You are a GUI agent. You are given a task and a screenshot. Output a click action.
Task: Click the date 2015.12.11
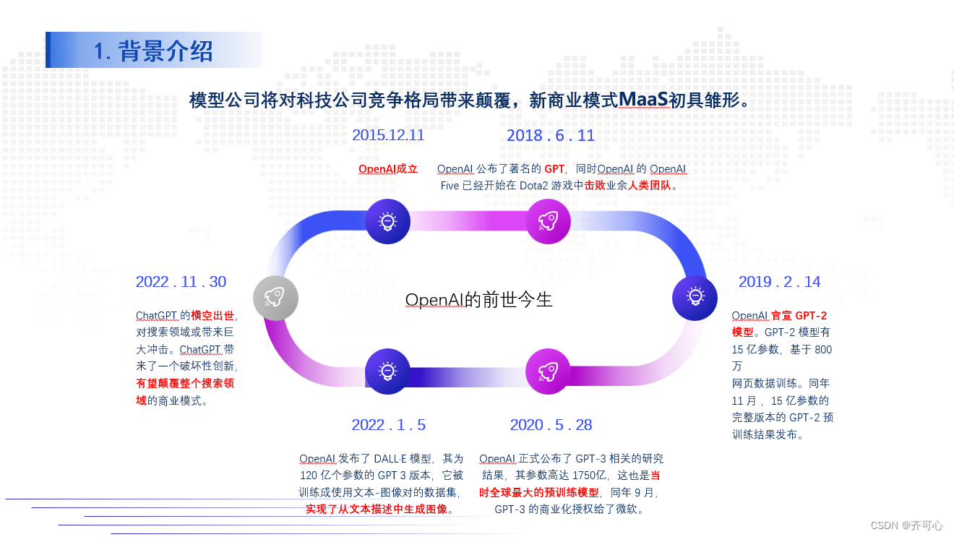(x=388, y=135)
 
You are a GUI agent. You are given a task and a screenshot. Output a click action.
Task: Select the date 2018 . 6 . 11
(x=551, y=136)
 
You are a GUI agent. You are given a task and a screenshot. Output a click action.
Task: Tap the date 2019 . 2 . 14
(x=779, y=282)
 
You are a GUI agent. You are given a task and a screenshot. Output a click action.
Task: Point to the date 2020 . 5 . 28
(x=551, y=425)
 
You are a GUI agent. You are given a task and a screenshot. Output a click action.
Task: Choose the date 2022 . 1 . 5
(x=389, y=425)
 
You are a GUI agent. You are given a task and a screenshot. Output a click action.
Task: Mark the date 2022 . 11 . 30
(x=181, y=282)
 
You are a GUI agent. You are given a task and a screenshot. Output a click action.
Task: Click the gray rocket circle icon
(x=275, y=298)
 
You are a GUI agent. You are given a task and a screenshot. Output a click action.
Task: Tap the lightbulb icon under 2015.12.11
(x=388, y=221)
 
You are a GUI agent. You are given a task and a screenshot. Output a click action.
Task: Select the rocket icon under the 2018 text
(x=548, y=221)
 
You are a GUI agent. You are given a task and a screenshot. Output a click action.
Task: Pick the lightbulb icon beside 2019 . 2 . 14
(x=695, y=297)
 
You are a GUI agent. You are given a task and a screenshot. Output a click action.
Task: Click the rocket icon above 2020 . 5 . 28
(x=548, y=371)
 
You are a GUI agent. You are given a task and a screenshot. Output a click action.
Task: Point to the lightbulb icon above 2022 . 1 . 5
(x=388, y=371)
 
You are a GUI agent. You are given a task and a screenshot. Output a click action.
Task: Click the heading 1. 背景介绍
(x=153, y=51)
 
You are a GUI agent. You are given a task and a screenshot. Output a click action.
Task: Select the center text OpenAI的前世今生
(x=478, y=299)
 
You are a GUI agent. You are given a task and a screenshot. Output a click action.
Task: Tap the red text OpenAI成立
(x=388, y=169)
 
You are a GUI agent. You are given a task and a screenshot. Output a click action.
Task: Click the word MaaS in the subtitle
(x=643, y=100)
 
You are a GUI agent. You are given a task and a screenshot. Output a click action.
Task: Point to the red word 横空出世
(x=212, y=316)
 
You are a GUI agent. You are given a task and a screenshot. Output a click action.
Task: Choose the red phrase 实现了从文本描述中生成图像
(x=377, y=509)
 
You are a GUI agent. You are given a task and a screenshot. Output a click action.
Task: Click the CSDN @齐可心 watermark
(x=906, y=525)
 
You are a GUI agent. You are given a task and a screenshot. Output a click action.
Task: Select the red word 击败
(x=595, y=185)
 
